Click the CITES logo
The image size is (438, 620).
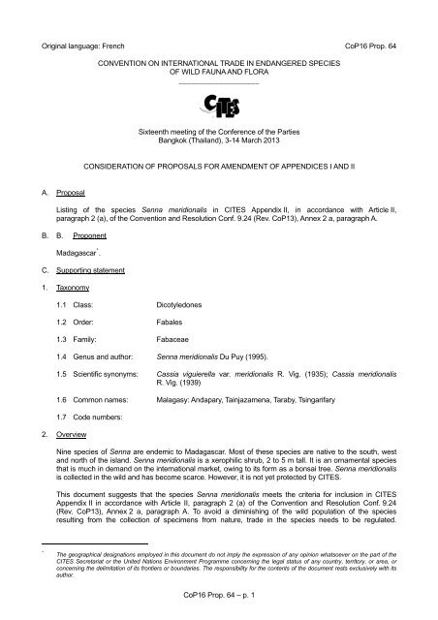click(x=219, y=103)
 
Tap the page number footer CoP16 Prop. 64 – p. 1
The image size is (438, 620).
click(x=219, y=605)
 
